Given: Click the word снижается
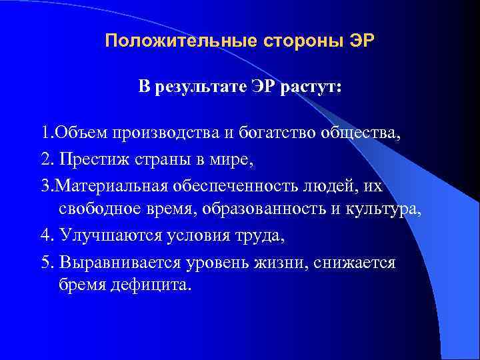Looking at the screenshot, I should [x=357, y=262].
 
